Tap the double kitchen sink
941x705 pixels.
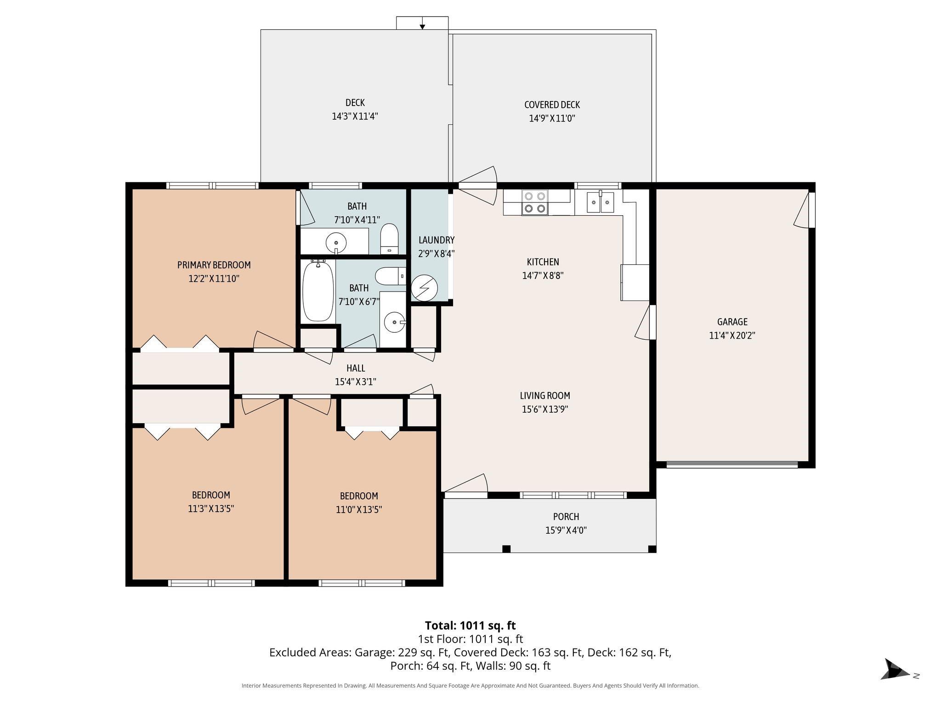coord(601,202)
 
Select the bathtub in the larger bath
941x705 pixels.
coord(318,291)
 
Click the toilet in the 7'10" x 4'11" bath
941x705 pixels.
coord(390,238)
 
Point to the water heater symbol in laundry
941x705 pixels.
coord(423,288)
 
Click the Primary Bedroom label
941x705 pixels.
coord(214,265)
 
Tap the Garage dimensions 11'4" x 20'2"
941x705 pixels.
coord(732,336)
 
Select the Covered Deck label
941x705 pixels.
coord(552,105)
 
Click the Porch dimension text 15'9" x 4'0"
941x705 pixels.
coord(566,531)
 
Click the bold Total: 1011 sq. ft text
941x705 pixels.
coord(470,626)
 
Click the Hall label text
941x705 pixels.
coord(356,368)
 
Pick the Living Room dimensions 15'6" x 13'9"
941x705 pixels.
coord(545,409)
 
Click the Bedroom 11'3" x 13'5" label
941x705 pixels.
coord(211,495)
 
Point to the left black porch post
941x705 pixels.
coord(506,549)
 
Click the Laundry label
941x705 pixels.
coord(436,240)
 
